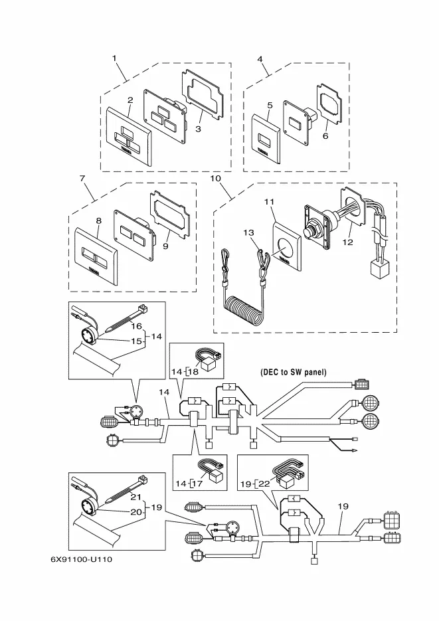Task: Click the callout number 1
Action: (x=114, y=58)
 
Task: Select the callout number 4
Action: (x=260, y=58)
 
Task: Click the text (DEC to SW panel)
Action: (x=294, y=373)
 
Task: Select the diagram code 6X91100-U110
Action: (x=82, y=557)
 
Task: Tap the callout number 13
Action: (x=248, y=232)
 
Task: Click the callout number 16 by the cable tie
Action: (x=135, y=326)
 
